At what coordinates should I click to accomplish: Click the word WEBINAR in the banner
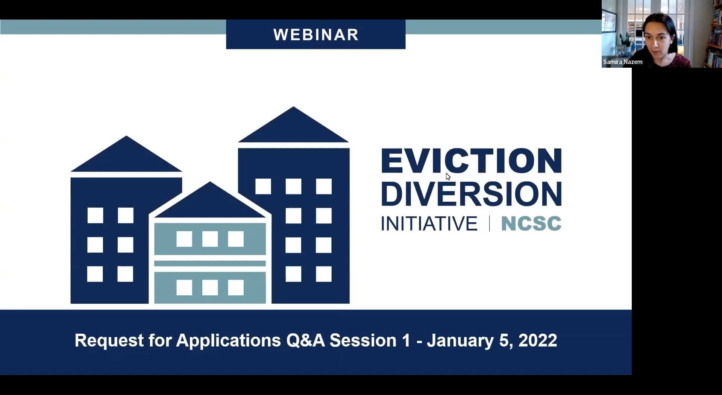tap(316, 35)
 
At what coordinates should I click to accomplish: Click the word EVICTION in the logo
tap(472, 161)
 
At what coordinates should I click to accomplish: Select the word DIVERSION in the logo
tap(472, 194)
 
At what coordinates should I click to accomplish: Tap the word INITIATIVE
tap(429, 223)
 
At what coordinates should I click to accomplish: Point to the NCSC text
tap(531, 223)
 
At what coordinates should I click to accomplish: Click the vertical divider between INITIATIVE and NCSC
tap(489, 223)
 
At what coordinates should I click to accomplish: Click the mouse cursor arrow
tap(448, 177)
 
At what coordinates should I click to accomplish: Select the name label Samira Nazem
tap(623, 62)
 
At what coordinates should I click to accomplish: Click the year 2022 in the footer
tap(538, 340)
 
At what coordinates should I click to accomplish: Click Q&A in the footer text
tap(305, 341)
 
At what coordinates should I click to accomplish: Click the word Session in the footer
tap(363, 340)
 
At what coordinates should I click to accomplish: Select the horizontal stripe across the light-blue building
tap(210, 263)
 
